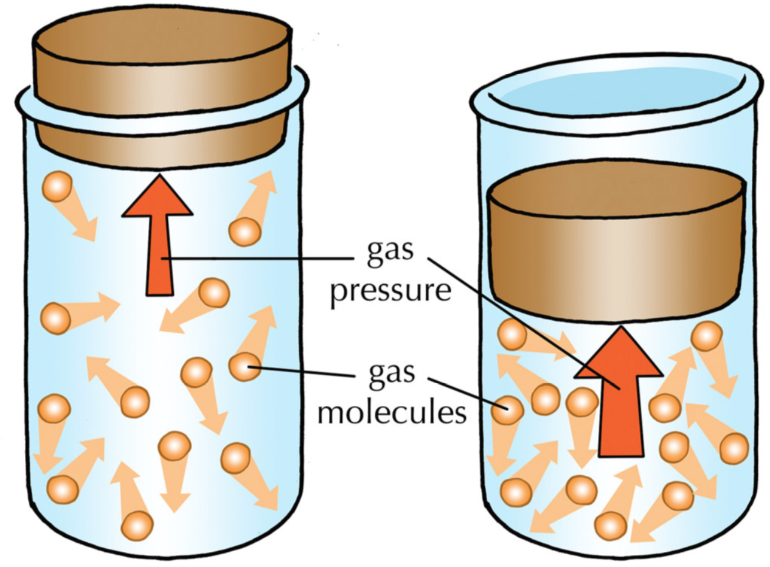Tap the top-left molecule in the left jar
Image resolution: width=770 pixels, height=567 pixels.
point(57,187)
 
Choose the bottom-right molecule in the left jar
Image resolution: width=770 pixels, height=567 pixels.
point(235,458)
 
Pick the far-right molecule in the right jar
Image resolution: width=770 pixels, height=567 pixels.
point(734,448)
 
